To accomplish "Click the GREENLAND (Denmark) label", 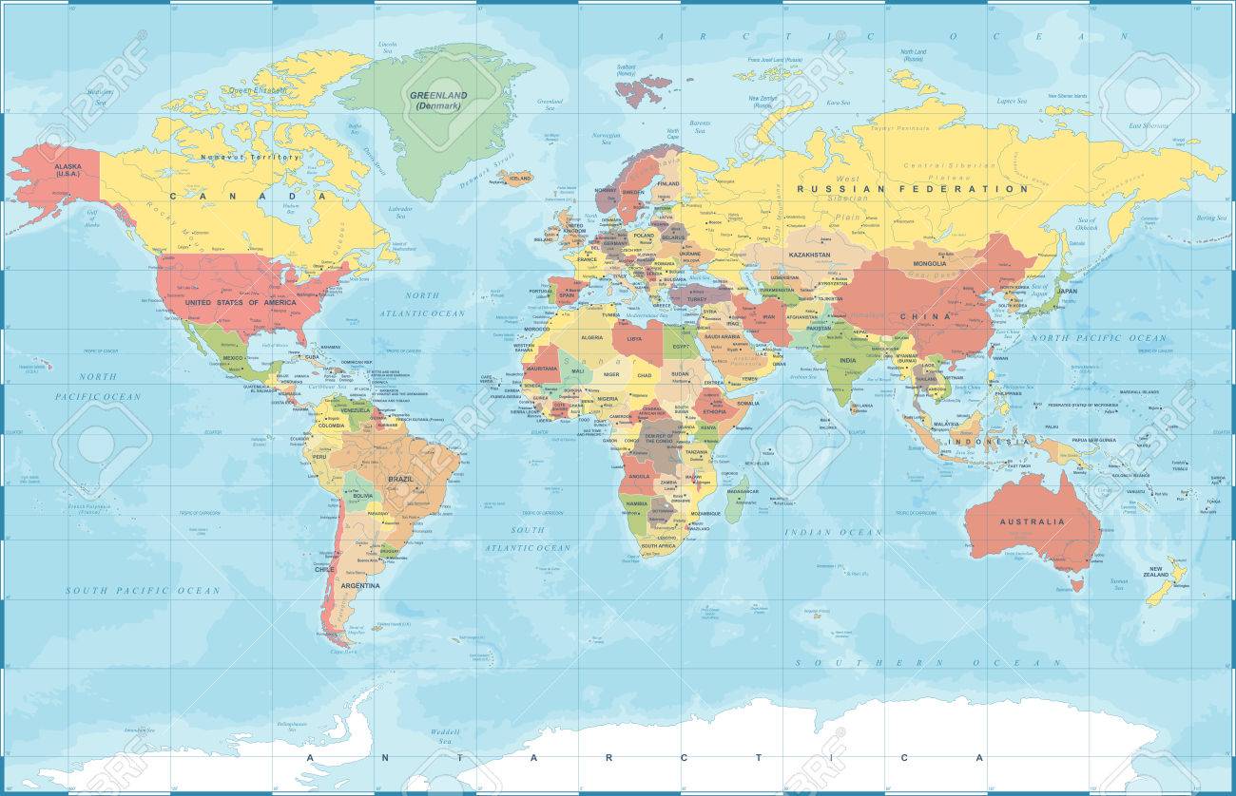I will pyautogui.click(x=433, y=101).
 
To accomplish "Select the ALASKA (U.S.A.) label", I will pyautogui.click(x=68, y=170).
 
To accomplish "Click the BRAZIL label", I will pyautogui.click(x=400, y=479).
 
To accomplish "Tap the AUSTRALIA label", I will pyautogui.click(x=1031, y=521).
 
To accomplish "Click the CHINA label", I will pyautogui.click(x=933, y=316).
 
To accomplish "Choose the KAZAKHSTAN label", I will pyautogui.click(x=806, y=256).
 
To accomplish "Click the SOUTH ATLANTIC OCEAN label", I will pyautogui.click(x=528, y=539).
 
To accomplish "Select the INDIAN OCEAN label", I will pyautogui.click(x=833, y=532).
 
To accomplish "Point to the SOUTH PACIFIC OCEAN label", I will pyautogui.click(x=143, y=590).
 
